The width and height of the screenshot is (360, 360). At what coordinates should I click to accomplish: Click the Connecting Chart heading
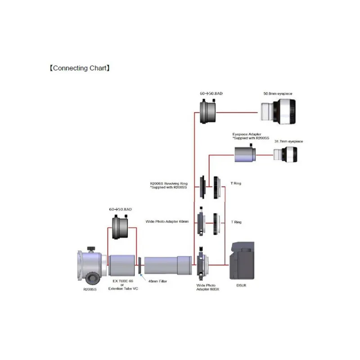click(79, 68)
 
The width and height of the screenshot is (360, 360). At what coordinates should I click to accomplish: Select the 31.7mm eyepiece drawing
click(288, 155)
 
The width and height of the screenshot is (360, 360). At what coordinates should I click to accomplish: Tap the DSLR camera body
click(243, 261)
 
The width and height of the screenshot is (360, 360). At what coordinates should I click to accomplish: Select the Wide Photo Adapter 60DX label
click(206, 288)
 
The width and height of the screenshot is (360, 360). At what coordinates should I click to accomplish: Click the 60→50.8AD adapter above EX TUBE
click(121, 227)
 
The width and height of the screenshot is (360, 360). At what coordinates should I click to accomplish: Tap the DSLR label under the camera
click(243, 285)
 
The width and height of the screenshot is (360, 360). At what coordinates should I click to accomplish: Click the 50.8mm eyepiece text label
click(278, 93)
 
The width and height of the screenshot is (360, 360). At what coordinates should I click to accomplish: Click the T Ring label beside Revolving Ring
click(236, 184)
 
